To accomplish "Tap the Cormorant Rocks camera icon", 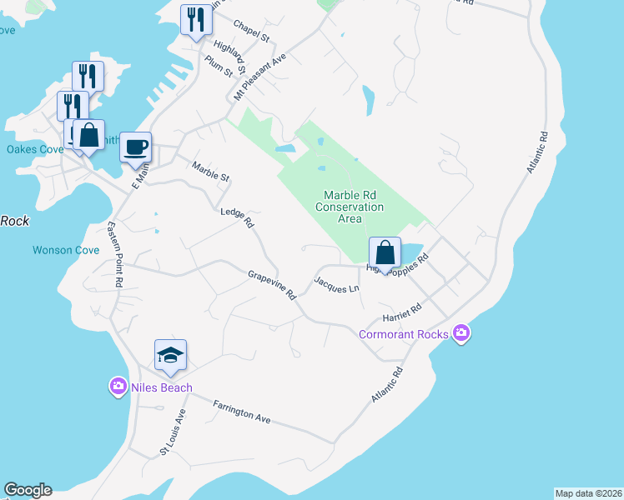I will (x=462, y=334).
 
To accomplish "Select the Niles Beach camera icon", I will (x=118, y=386).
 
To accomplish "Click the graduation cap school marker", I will (x=170, y=355).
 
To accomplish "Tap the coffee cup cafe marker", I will (x=136, y=147).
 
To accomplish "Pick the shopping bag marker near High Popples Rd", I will (x=385, y=253).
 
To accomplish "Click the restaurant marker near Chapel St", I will (x=196, y=20).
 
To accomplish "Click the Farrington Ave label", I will (x=243, y=412).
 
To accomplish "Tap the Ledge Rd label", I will (x=236, y=217).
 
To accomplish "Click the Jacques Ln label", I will (x=336, y=284).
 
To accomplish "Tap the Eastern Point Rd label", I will (x=115, y=255).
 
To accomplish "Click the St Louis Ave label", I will (x=174, y=434).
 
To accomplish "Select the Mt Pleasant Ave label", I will (x=260, y=77).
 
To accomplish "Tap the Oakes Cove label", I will (x=35, y=150).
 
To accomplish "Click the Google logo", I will (x=28, y=490).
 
